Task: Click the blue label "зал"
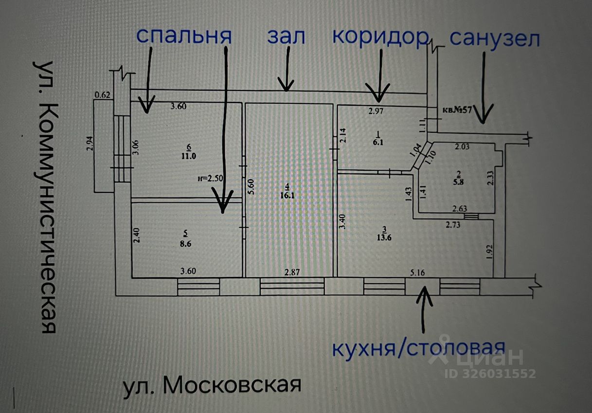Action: tap(286, 37)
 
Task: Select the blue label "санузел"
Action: tap(495, 38)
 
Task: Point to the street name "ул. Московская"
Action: tap(212, 385)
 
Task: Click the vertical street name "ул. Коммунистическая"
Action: tap(47, 197)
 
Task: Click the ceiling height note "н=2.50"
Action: tap(210, 178)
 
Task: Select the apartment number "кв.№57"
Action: tap(457, 109)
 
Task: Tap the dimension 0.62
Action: tap(103, 95)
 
